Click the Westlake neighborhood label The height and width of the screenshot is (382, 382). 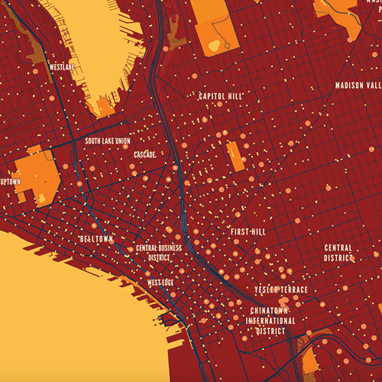(62, 66)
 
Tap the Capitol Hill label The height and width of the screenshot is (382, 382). (220, 97)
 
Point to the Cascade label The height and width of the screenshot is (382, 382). (145, 154)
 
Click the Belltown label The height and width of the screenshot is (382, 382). (96, 239)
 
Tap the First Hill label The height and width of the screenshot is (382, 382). (247, 231)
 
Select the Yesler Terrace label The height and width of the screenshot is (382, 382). (282, 290)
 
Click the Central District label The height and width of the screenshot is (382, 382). (338, 253)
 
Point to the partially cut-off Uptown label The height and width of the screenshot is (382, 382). (10, 182)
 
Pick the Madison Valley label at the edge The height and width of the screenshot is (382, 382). (358, 85)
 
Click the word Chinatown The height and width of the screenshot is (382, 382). (271, 311)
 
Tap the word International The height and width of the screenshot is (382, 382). (271, 321)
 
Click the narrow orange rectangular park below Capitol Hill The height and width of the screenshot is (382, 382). (235, 155)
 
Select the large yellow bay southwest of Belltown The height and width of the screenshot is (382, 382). (61, 321)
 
